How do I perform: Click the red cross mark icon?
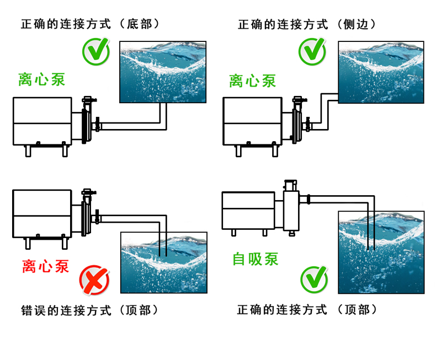[94, 280]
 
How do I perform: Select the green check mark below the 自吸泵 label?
[313, 280]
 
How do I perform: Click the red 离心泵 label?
[46, 266]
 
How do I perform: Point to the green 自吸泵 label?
[256, 258]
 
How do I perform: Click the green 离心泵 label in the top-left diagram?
[42, 79]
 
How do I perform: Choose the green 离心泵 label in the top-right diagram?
[253, 81]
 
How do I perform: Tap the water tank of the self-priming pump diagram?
[381, 253]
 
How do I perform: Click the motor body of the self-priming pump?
[249, 211]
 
